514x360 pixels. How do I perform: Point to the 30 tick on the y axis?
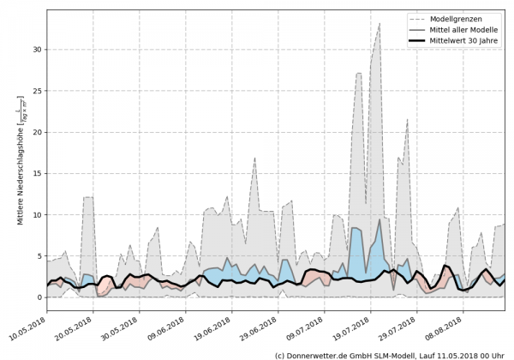(x=36, y=50)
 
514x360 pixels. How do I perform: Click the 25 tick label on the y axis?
(x=36, y=91)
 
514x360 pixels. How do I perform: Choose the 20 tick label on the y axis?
(x=36, y=132)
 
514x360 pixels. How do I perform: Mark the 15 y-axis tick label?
(x=36, y=173)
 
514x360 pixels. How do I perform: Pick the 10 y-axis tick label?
(x=36, y=214)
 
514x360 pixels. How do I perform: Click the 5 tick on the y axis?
(x=39, y=255)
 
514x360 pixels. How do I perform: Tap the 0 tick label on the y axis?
(x=39, y=297)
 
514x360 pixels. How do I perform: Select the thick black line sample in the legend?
(x=421, y=39)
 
